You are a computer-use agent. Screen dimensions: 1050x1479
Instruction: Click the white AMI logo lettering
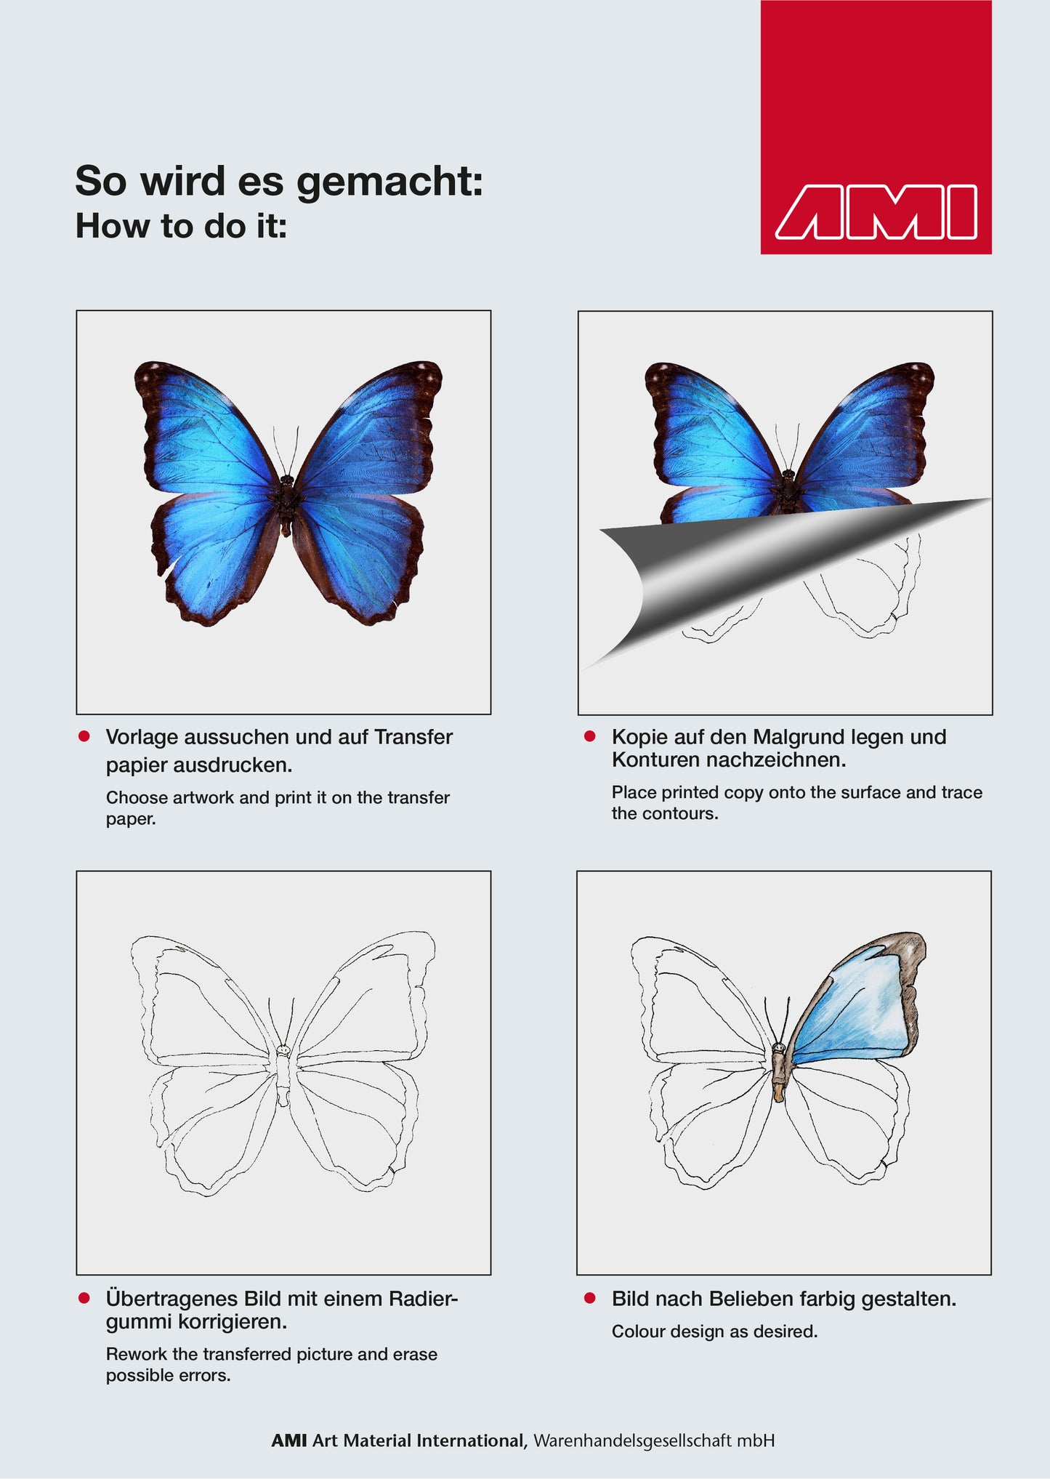pos(876,212)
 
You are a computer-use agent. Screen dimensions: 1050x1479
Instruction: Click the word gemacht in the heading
pos(389,182)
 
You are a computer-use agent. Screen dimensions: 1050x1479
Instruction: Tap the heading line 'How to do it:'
pos(182,225)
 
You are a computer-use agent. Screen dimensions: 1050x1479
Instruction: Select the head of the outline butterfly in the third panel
pos(283,1050)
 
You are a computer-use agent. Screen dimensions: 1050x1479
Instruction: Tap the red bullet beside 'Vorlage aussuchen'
pos(84,736)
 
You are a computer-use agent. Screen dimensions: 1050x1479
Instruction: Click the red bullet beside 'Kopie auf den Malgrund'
pos(590,736)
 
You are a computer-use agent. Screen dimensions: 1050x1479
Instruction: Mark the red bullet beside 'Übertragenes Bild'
pos(84,1298)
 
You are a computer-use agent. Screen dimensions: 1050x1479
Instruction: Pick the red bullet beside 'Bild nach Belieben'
pos(590,1298)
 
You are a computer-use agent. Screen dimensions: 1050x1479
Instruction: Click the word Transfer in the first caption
pos(413,737)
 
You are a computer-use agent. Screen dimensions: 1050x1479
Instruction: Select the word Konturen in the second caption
pos(656,760)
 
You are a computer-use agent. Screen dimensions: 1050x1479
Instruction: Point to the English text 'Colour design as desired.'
pos(715,1331)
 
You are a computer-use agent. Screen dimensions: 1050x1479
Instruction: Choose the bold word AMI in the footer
pos(289,1440)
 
